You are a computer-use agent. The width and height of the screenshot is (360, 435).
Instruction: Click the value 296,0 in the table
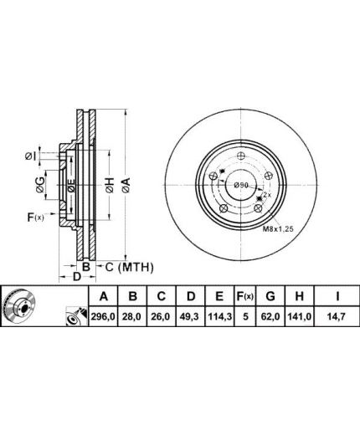103,316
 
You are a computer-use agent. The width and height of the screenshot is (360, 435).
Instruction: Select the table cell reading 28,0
132,316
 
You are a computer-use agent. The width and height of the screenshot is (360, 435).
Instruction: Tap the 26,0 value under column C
161,316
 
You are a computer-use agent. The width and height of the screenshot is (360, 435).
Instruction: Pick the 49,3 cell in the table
191,316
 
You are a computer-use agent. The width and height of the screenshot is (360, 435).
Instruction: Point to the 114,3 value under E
220,316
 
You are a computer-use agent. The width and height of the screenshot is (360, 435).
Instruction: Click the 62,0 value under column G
270,316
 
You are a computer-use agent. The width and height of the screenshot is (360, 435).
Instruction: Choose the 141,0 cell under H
299,316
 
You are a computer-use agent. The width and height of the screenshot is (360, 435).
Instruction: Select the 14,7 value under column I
337,316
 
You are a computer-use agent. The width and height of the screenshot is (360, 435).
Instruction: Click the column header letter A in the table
103,296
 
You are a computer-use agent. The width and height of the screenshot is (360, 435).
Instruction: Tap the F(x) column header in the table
245,296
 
